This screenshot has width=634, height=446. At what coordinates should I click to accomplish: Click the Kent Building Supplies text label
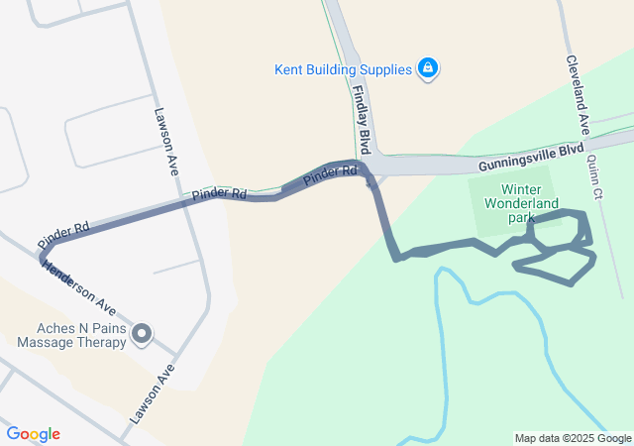pyautogui.click(x=343, y=69)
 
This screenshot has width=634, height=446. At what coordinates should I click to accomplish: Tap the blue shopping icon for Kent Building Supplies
pyautogui.click(x=428, y=68)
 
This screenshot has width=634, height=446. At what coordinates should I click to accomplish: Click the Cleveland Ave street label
pyautogui.click(x=578, y=94)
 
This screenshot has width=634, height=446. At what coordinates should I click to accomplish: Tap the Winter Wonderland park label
pyautogui.click(x=521, y=202)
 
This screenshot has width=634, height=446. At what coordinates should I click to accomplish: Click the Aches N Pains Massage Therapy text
pyautogui.click(x=71, y=336)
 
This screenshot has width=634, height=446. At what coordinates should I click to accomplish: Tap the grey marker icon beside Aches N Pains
pyautogui.click(x=142, y=335)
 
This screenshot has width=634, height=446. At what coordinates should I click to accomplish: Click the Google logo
pyautogui.click(x=33, y=434)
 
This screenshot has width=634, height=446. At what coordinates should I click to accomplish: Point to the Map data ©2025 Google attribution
pyautogui.click(x=573, y=438)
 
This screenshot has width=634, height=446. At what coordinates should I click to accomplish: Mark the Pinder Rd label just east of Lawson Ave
pyautogui.click(x=219, y=192)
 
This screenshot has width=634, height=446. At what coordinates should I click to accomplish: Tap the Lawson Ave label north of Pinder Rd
pyautogui.click(x=165, y=139)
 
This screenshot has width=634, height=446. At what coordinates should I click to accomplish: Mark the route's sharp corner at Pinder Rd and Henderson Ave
pyautogui.click(x=42, y=257)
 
